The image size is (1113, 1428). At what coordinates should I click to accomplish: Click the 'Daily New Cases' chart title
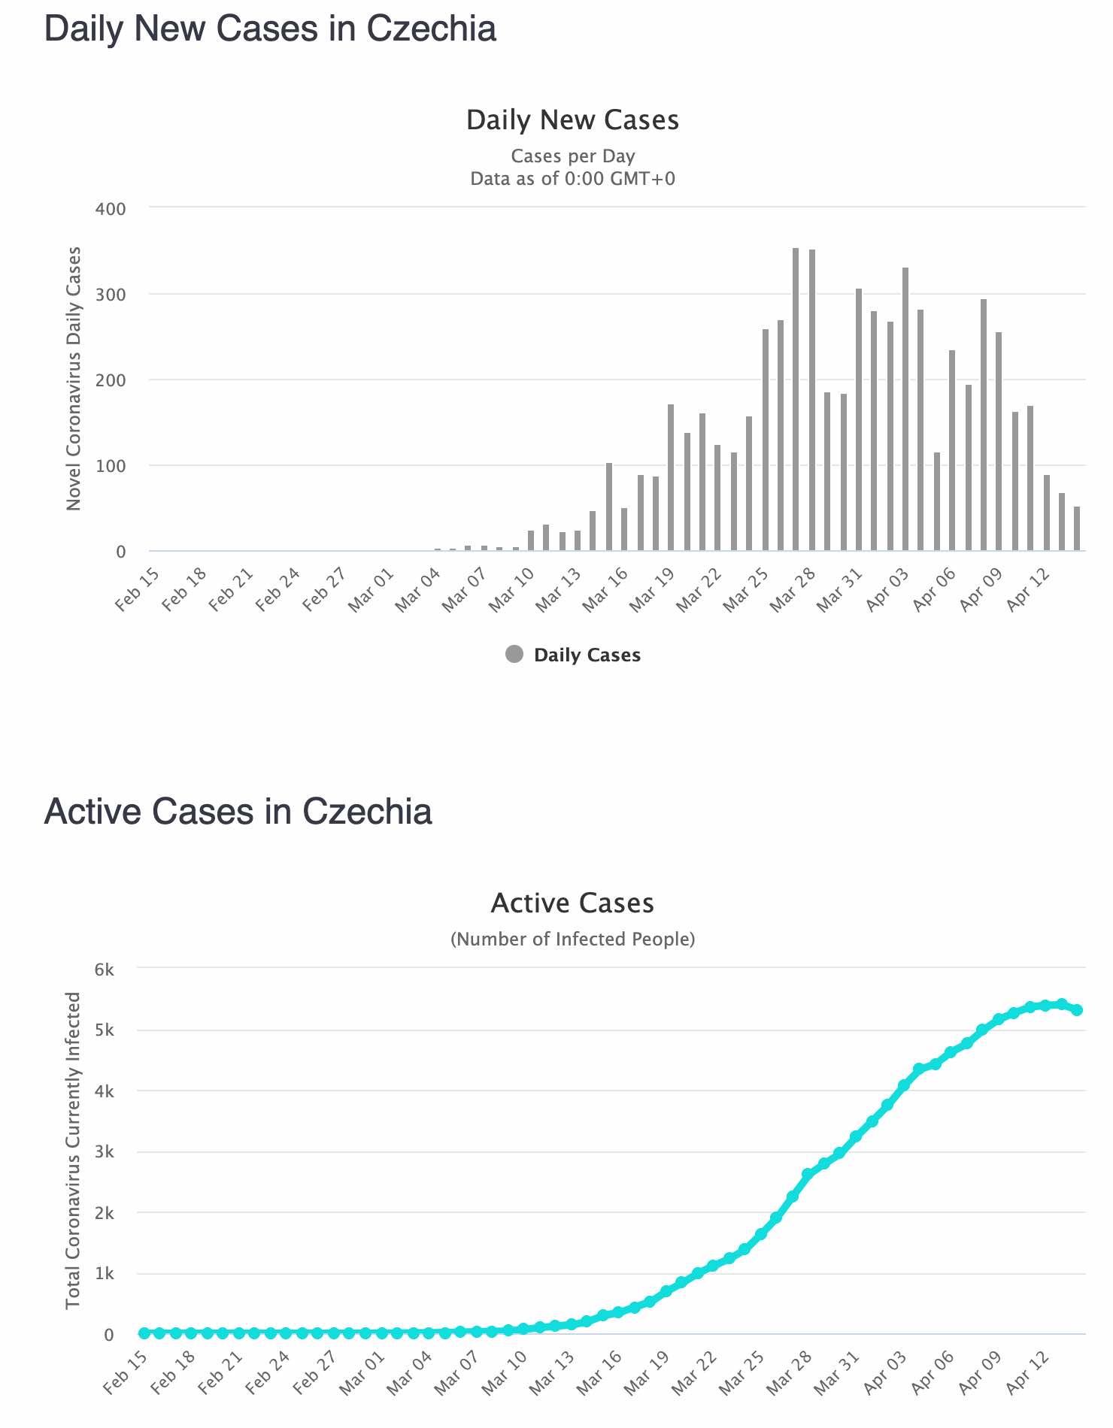tap(572, 120)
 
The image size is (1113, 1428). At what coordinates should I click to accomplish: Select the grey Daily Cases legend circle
tap(514, 655)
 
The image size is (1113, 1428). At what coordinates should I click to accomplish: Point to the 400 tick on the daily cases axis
tap(111, 209)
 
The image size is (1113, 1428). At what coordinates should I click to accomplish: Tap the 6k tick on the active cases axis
tap(105, 970)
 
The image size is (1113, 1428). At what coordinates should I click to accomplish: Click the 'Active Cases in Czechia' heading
tap(238, 812)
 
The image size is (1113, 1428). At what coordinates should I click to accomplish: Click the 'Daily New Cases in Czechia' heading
tap(270, 29)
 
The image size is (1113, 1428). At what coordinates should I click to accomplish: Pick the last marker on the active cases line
tap(1077, 1010)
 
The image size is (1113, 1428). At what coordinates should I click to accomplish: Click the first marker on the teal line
tap(144, 1333)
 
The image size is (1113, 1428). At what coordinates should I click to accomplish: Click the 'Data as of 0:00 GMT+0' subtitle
tap(572, 179)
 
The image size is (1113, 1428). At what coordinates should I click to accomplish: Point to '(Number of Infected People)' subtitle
tap(572, 939)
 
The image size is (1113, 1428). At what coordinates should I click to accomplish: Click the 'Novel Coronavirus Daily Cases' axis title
tap(73, 379)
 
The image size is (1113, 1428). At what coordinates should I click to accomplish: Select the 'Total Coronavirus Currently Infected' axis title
tap(73, 1150)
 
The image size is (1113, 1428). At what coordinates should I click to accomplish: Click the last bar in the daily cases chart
tap(1077, 528)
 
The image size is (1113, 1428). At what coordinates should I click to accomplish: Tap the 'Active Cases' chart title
tap(572, 903)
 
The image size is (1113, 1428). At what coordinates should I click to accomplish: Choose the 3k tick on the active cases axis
tap(105, 1151)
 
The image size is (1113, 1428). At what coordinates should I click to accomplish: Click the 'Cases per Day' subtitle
tap(572, 156)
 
